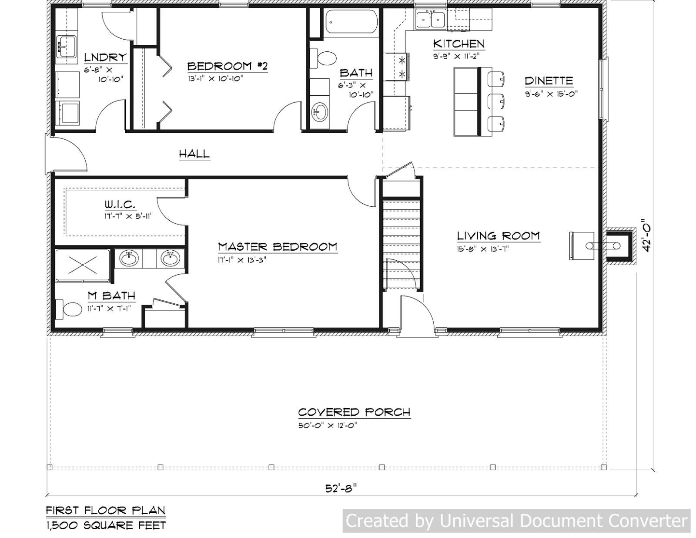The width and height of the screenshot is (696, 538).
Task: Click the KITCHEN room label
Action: coord(459,44)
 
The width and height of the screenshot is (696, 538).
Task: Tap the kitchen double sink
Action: coord(430,20)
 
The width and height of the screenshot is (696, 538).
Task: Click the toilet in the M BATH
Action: coord(72,310)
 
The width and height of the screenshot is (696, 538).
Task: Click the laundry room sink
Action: coord(67,47)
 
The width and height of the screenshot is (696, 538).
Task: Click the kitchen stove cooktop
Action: coord(402,66)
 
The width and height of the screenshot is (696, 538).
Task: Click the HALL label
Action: coord(194,154)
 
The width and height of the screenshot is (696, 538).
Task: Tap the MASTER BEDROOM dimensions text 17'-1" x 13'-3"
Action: coord(242,260)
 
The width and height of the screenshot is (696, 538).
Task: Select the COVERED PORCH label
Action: coord(354,412)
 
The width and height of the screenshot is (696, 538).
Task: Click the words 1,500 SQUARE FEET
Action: coord(106,525)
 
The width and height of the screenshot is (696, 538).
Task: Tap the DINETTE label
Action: coord(549,81)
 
